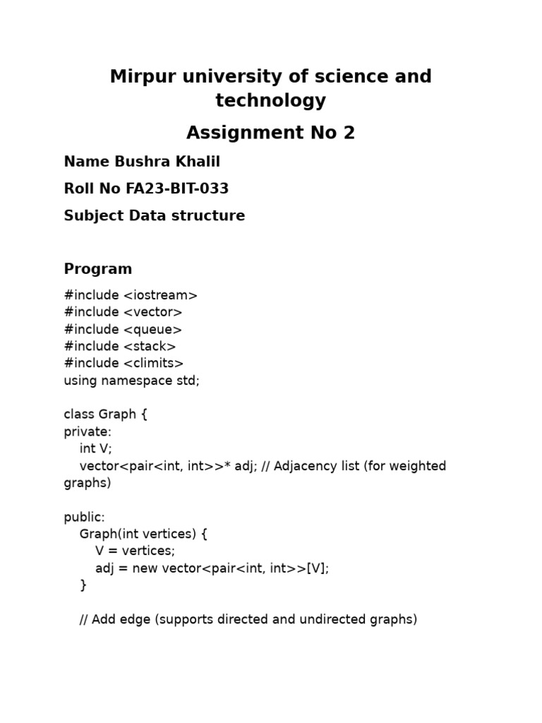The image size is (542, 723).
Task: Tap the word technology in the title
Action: point(271,101)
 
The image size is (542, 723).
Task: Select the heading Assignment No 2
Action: point(271,133)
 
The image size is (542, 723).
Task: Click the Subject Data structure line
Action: point(155,216)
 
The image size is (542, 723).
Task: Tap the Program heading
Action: point(98,269)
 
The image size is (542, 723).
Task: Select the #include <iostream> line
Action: point(131,295)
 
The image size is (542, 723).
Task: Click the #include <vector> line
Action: point(123,312)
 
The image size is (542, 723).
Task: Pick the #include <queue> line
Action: point(123,329)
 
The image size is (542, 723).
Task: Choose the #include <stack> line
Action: point(120,346)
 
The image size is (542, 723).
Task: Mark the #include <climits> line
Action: point(124,363)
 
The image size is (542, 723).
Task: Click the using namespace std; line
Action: point(132,381)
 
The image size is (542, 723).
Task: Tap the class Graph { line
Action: point(106,414)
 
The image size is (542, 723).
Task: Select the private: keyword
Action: point(88,431)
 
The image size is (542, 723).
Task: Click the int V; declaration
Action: point(96,448)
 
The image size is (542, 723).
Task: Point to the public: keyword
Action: point(84,517)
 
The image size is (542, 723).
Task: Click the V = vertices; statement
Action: point(135,551)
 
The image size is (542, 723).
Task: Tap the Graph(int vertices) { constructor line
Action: point(143,534)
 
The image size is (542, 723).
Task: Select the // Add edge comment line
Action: point(248,619)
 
